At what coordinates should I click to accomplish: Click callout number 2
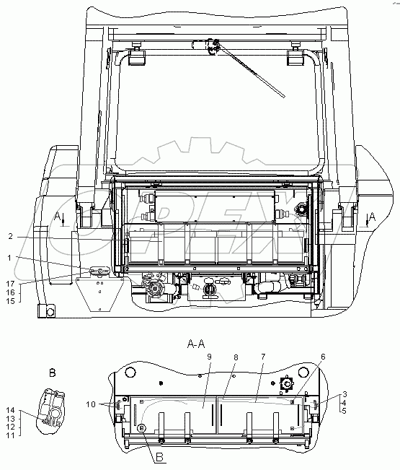(x=11, y=237)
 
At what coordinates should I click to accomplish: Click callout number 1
(x=9, y=258)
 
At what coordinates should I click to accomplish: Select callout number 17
(x=10, y=284)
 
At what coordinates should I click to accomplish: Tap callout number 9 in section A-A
(x=210, y=357)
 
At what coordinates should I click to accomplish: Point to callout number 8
(x=236, y=357)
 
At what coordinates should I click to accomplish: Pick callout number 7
(x=263, y=357)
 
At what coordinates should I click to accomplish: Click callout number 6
(x=323, y=357)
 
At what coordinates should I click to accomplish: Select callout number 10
(x=91, y=404)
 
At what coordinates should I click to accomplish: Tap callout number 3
(x=345, y=394)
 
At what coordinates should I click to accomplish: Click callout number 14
(x=10, y=410)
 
